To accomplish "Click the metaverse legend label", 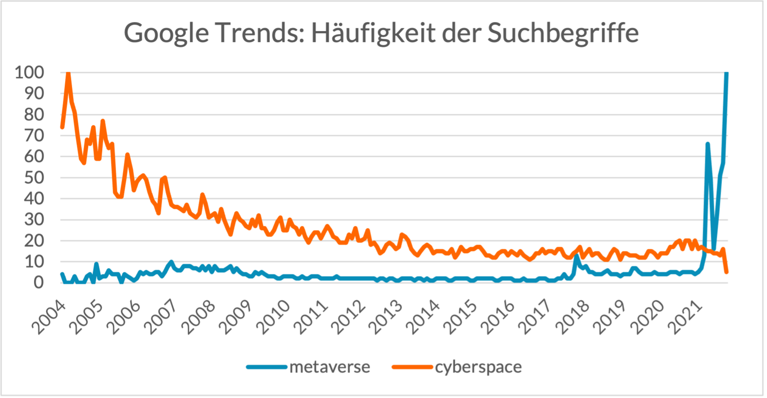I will tap(330, 367).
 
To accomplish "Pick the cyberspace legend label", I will tap(478, 367).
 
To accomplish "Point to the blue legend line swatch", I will tap(267, 367).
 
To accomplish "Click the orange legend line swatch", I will tap(413, 367).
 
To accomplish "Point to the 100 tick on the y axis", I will tap(29, 72).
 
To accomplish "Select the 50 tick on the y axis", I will tap(34, 177).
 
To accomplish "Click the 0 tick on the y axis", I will tap(38, 282).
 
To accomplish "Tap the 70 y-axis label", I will tap(34, 135).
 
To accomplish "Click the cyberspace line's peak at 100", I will tap(68, 73).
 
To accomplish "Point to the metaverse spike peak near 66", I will tap(708, 144).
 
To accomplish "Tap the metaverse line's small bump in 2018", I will tap(577, 257).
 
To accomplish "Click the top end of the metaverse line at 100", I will tap(726, 73).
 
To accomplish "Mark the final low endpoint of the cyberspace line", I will tap(727, 272).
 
